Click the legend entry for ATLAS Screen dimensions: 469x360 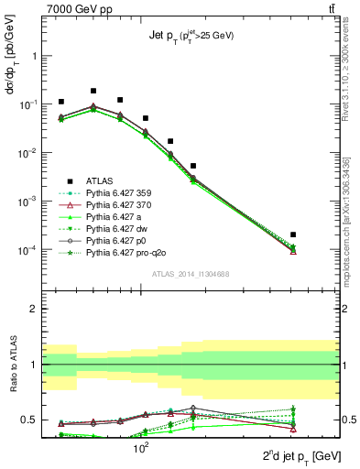click(100, 181)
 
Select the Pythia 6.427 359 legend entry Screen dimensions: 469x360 click(118, 193)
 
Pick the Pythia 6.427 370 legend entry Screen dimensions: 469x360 click(118, 205)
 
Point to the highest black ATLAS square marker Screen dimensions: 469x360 click(93, 91)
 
